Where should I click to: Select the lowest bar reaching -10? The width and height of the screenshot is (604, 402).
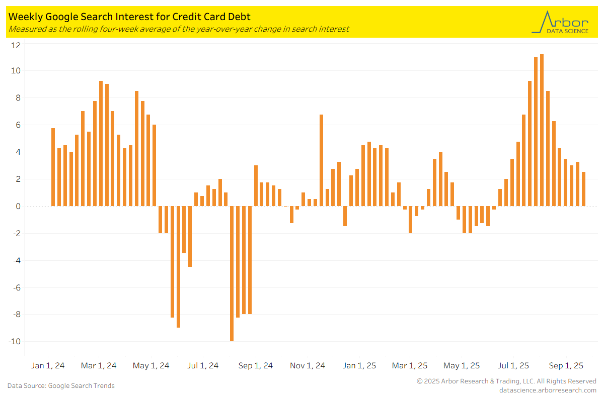tap(232, 274)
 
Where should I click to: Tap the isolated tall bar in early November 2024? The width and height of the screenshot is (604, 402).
tap(321, 160)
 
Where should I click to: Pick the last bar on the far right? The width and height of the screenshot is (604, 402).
tap(583, 189)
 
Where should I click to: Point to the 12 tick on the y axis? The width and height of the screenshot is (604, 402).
tap(16, 45)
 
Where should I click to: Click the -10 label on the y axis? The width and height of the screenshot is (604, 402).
tap(15, 342)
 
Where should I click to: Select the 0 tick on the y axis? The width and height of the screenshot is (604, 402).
tap(18, 206)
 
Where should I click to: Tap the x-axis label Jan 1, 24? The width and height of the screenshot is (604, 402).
tap(48, 366)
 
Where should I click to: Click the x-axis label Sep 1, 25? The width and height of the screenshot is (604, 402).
tap(566, 366)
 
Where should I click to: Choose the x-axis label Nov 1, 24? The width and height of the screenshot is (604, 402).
tap(308, 366)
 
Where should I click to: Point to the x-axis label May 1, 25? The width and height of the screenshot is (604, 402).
tap(462, 366)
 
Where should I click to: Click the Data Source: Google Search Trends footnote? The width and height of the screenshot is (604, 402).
tap(61, 386)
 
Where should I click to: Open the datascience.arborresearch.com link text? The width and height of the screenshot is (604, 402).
tap(548, 390)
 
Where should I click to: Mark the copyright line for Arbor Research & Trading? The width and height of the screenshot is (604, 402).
tap(506, 381)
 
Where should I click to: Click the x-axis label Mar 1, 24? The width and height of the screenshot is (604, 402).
tap(99, 366)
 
